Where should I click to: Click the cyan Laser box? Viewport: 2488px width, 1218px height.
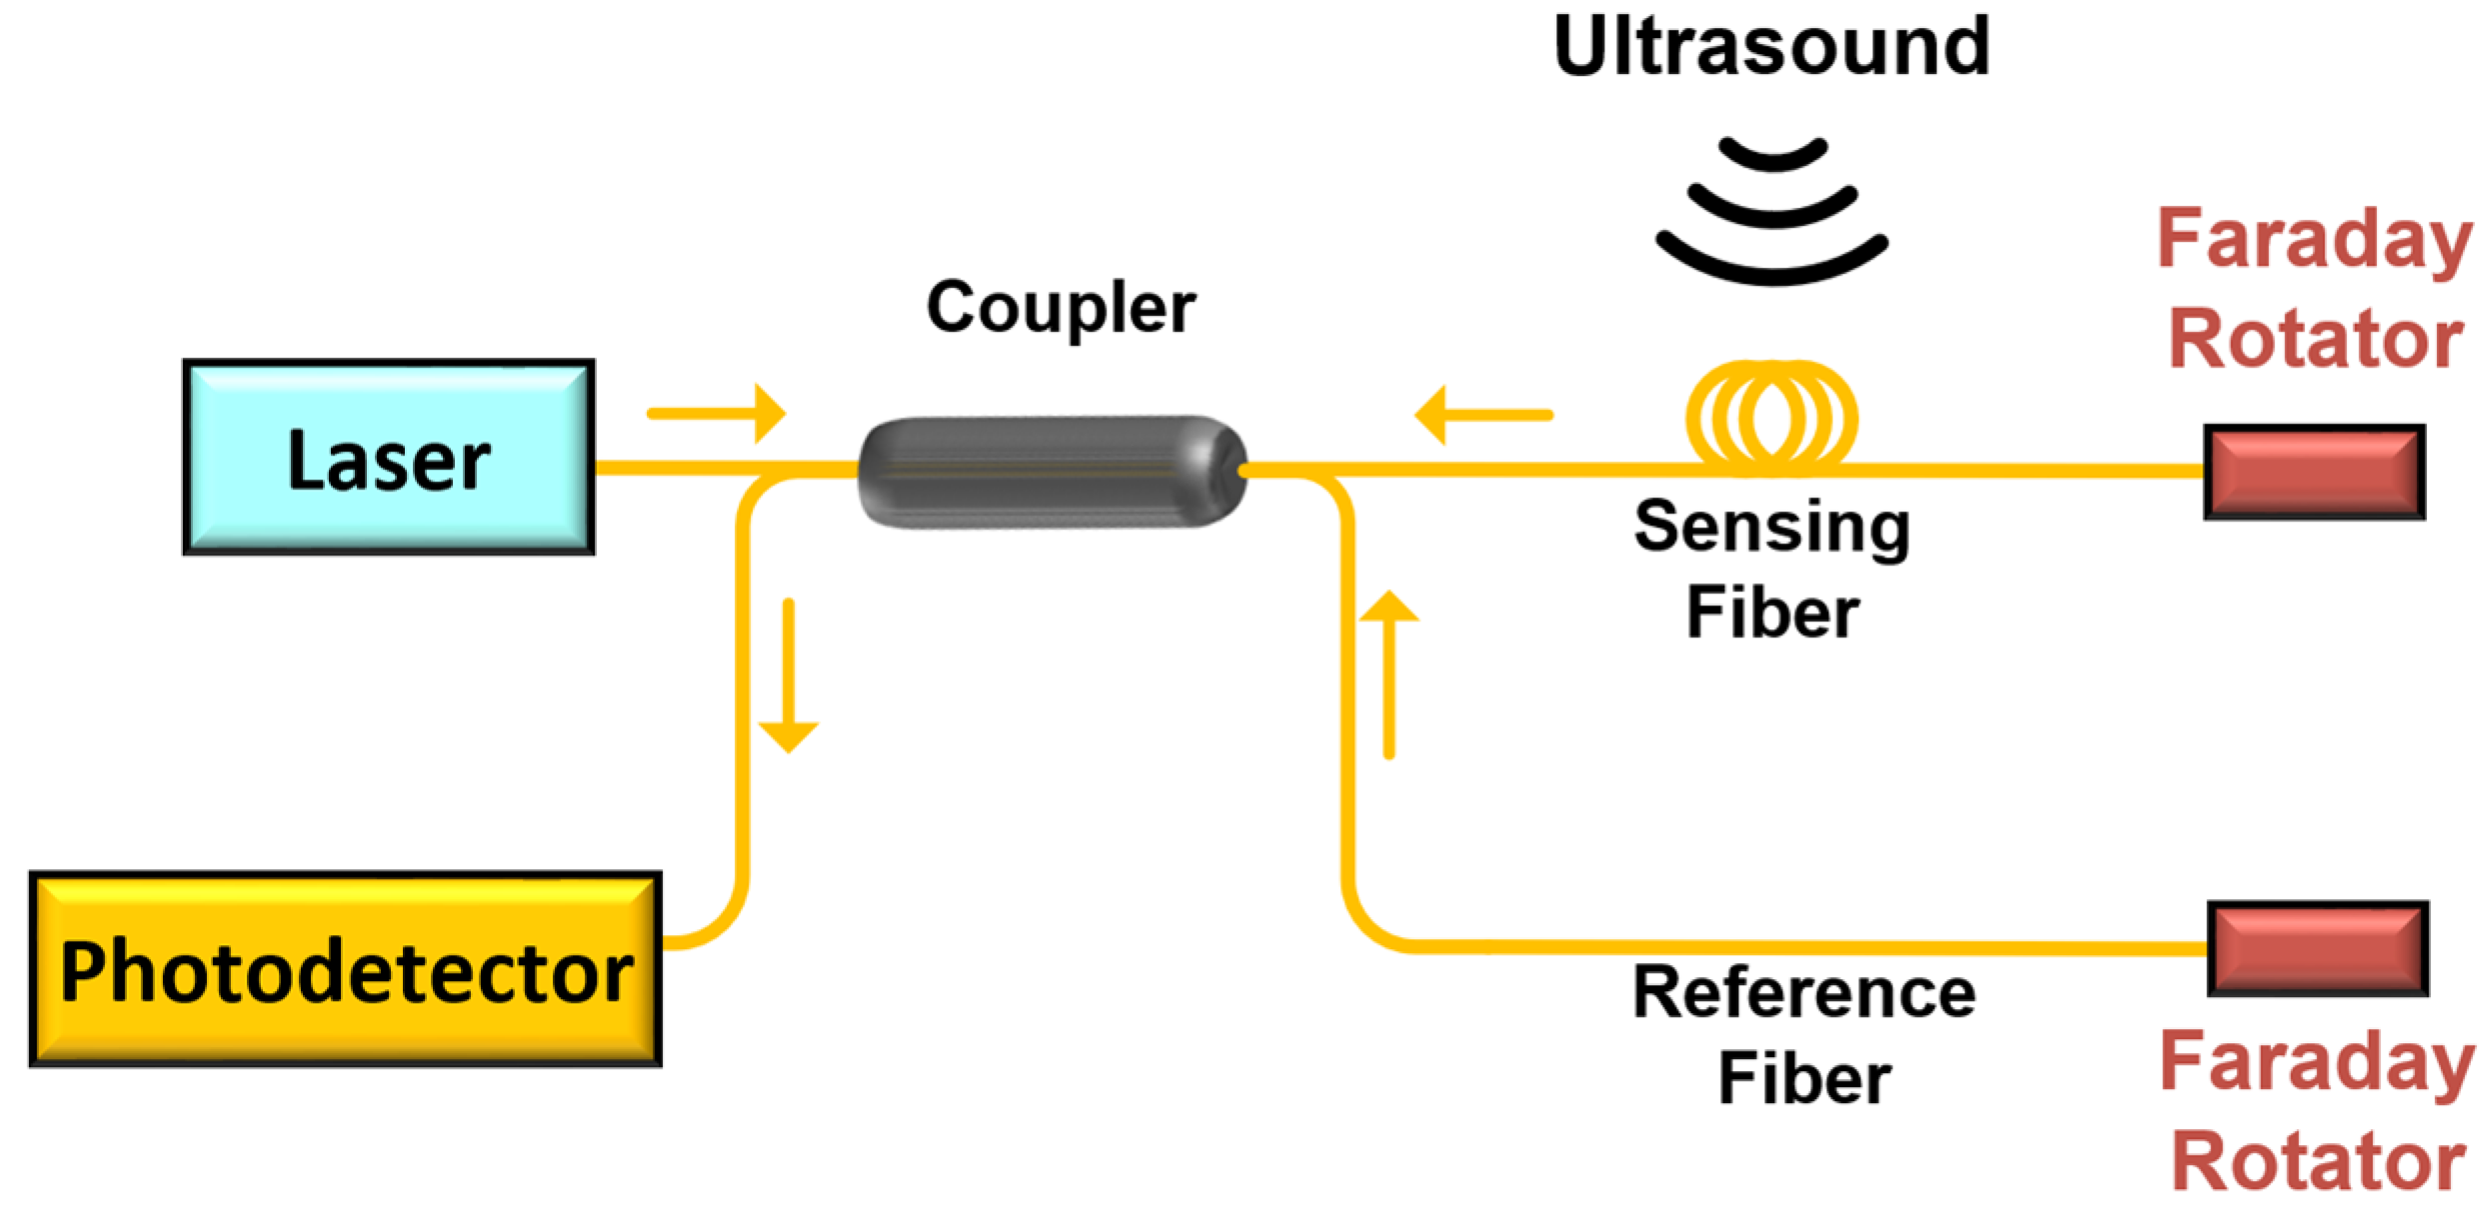coord(389,458)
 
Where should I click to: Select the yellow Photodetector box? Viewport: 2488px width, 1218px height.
coord(345,970)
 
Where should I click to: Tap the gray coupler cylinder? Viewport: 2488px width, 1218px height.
coord(1052,472)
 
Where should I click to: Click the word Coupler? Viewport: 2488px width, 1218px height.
coord(1061,307)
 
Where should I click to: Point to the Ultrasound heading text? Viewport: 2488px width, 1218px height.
coord(1771,47)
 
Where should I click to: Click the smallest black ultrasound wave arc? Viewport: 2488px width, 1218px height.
coord(1773,158)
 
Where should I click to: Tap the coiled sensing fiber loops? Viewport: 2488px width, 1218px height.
coord(1771,415)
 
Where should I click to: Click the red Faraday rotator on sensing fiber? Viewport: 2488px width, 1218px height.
coord(2314,472)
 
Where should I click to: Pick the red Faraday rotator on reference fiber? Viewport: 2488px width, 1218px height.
coord(2317,948)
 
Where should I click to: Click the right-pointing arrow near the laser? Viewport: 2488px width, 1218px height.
coord(717,413)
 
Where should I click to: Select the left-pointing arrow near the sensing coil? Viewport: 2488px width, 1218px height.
coord(1483,415)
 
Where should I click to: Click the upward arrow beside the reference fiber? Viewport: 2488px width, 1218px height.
coord(1388,674)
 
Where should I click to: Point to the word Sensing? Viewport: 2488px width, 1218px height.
coord(1771,528)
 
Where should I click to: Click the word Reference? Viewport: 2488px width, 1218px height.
coord(1803,993)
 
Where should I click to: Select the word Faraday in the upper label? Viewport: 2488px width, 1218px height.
coord(2314,239)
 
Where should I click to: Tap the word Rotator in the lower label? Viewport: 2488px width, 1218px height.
coord(2318,1161)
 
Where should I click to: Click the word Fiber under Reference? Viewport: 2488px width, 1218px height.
coord(1804,1079)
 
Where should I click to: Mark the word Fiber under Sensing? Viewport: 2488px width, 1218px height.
coord(1772,612)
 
